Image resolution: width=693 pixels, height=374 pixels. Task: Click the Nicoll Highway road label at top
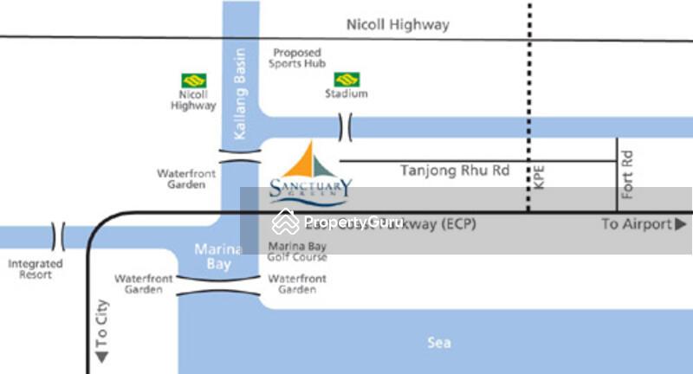coord(398,24)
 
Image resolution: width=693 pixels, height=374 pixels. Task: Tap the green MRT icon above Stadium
coord(346,79)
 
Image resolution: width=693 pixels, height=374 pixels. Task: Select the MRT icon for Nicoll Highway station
coord(193,80)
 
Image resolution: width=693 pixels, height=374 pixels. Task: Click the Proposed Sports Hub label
coord(295,58)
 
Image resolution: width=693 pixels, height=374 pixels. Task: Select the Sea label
coord(439,343)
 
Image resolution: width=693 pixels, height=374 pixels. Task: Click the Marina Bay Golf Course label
coord(297,251)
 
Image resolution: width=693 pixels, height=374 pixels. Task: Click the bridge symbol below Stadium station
coord(347,127)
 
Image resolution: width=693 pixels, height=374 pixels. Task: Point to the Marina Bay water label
coord(212,256)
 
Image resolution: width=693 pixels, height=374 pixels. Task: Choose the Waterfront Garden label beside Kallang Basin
coord(186,178)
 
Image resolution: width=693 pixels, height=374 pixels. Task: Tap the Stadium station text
coord(346,93)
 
